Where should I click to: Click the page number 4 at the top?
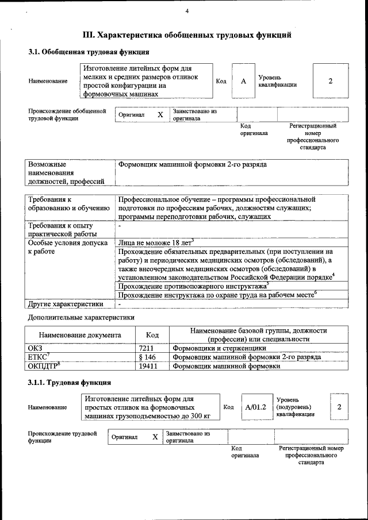tap(187, 11)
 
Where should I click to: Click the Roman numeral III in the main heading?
tap(89, 35)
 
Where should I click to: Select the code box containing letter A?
tap(243, 81)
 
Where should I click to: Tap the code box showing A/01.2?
tap(255, 407)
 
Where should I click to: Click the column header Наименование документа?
tap(80, 334)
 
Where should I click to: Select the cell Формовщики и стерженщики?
tap(219, 348)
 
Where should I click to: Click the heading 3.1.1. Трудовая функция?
tap(70, 382)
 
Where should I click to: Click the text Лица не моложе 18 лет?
tap(155, 243)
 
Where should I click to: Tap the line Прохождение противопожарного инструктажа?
tap(191, 286)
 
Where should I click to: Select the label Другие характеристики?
tap(66, 303)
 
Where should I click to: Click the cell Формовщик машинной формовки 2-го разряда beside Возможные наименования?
tap(192, 164)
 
